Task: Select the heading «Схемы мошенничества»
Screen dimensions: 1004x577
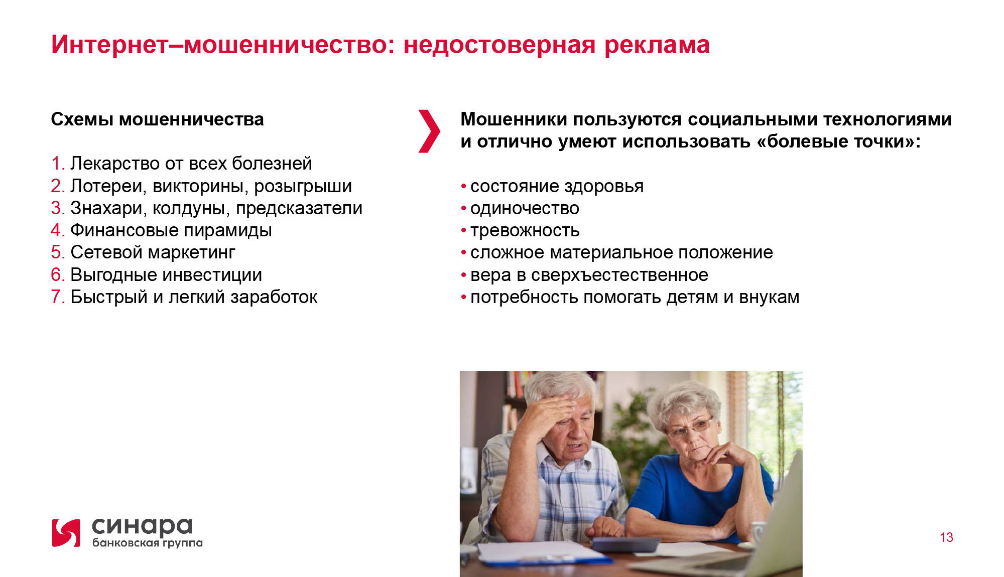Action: click(158, 119)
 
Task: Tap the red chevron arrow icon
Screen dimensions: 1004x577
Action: click(429, 131)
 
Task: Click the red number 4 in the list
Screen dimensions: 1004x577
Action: click(57, 230)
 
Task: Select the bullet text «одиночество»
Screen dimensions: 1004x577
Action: click(525, 209)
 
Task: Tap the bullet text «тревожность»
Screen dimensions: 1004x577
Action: click(525, 231)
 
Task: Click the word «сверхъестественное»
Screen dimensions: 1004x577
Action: click(619, 275)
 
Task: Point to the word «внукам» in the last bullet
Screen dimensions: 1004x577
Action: click(769, 298)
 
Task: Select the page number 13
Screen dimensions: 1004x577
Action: click(946, 537)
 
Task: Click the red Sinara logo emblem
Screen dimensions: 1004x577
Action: click(66, 533)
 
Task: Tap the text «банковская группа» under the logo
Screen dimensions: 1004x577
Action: click(148, 542)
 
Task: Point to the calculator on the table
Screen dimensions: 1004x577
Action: click(625, 544)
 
